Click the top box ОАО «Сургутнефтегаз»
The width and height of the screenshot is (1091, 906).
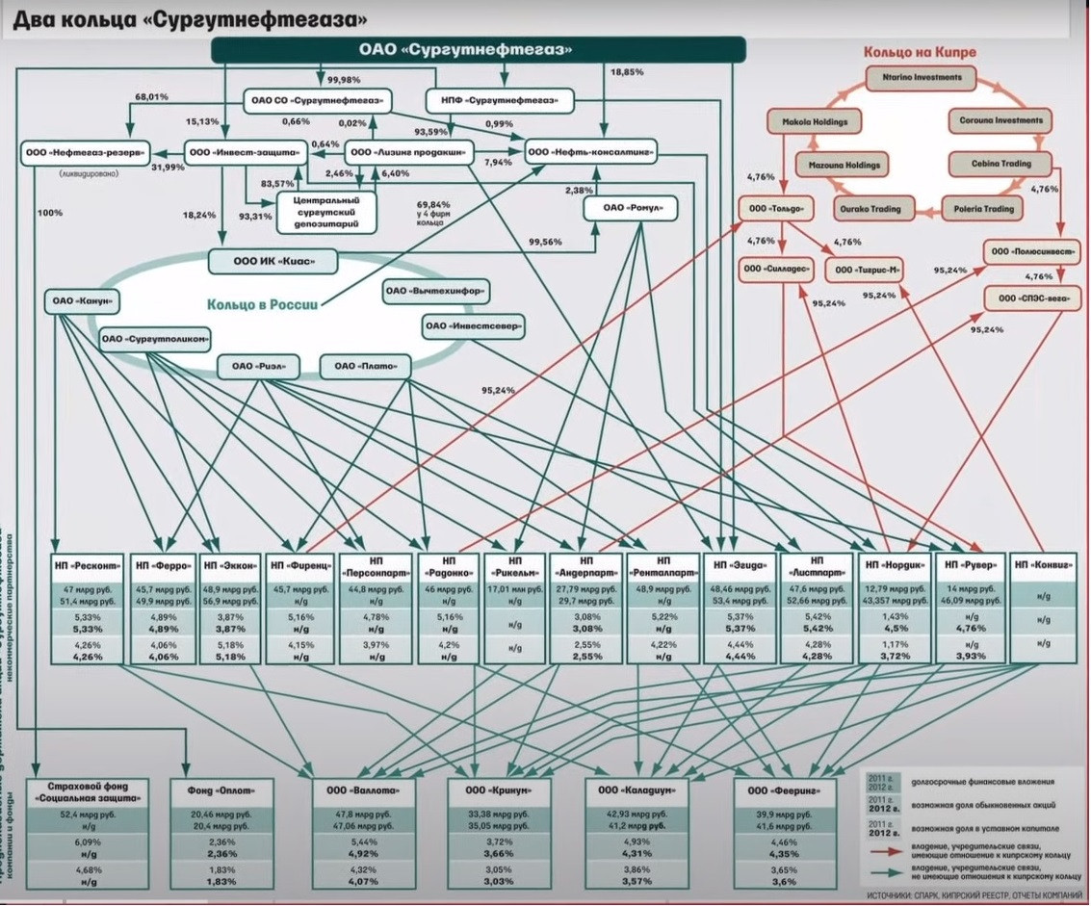tap(479, 50)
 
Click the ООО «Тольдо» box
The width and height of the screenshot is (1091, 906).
tap(770, 209)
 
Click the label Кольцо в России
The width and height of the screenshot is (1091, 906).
tap(262, 305)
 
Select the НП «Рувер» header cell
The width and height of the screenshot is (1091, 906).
tap(971, 566)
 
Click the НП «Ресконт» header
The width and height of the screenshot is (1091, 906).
tap(90, 566)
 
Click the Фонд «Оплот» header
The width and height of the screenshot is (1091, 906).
tap(228, 790)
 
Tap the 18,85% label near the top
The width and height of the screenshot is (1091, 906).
tap(627, 71)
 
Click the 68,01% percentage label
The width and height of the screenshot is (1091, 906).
tap(153, 97)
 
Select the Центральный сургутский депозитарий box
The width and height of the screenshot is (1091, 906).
tap(325, 211)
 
